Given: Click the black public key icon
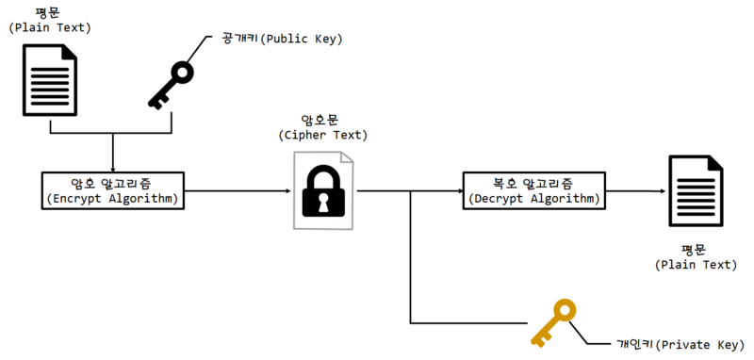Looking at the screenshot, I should click(x=171, y=85).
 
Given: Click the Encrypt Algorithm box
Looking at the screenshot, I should click(x=113, y=190).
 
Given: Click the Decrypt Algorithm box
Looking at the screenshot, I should click(x=533, y=190).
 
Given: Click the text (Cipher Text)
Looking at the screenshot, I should click(x=323, y=136).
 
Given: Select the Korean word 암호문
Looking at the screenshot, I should click(x=323, y=121).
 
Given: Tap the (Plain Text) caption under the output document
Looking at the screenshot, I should click(x=696, y=266).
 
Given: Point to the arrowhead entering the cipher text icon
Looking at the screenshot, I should click(x=287, y=191).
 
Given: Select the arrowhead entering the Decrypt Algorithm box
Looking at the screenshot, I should click(x=459, y=191).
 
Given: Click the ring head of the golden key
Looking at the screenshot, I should click(x=564, y=310).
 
